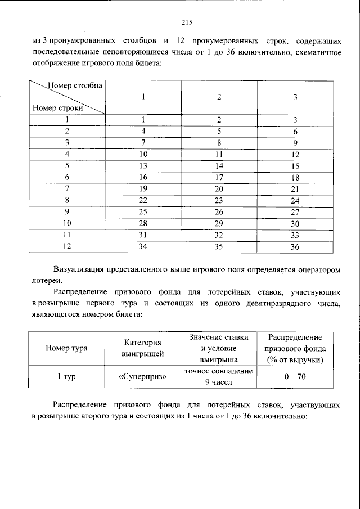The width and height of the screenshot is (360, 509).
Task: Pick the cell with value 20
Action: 219,189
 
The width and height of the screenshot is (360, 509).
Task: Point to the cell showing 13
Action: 143,165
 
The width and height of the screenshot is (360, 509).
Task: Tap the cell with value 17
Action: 219,177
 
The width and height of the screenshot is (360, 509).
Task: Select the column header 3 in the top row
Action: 295,97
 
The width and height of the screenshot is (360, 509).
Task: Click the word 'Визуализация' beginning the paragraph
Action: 79,269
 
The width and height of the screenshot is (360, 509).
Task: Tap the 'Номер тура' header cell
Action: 66,348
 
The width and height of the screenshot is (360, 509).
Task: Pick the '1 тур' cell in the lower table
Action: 66,377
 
